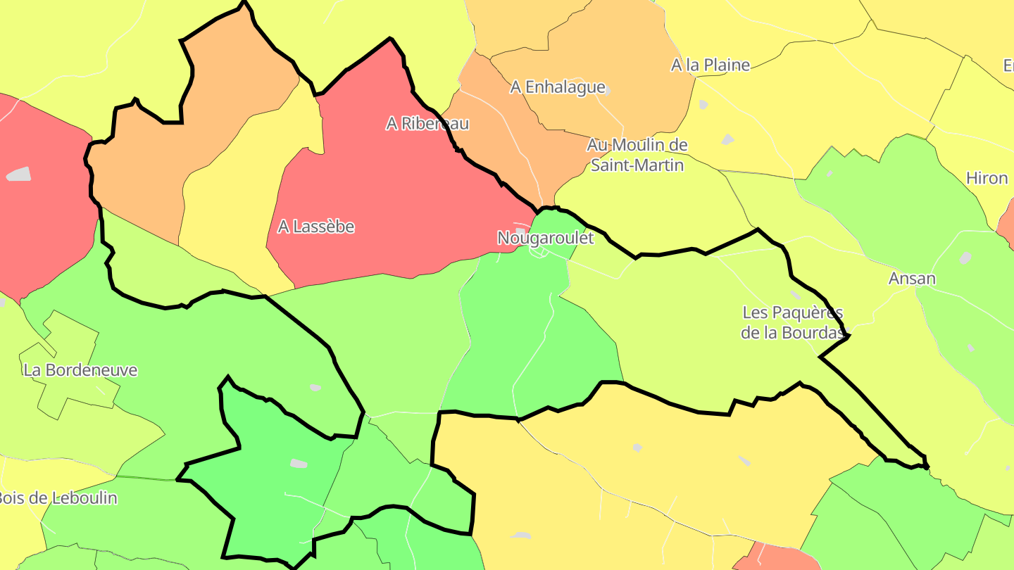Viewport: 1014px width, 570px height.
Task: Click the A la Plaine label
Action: tap(711, 65)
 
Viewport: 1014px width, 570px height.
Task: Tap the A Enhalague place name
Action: tap(558, 87)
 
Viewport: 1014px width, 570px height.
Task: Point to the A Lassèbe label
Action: tap(316, 227)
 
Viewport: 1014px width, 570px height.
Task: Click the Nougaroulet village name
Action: tap(546, 239)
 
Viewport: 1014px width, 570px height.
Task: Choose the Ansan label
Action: tap(912, 279)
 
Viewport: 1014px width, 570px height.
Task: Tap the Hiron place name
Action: tap(987, 179)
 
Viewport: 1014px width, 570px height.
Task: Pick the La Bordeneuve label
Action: tap(80, 370)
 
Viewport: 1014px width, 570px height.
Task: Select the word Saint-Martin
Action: tap(637, 165)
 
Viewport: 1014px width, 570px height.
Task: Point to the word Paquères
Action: tap(807, 312)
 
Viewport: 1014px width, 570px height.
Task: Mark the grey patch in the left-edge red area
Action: tap(19, 174)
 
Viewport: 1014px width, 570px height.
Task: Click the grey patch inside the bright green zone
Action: tap(299, 463)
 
